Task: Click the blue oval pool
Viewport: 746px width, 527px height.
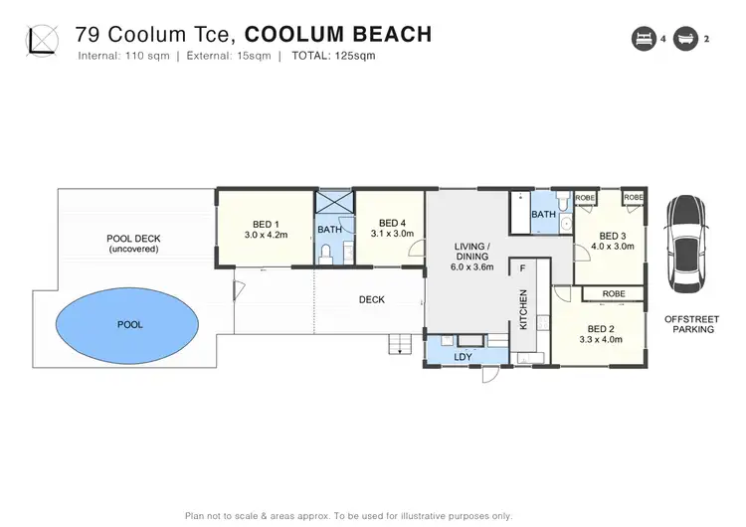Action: [x=129, y=324]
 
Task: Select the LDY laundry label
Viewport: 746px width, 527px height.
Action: [x=463, y=355]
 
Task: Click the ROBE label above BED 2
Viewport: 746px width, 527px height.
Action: [x=614, y=294]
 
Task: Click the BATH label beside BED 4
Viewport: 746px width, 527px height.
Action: [x=329, y=230]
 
